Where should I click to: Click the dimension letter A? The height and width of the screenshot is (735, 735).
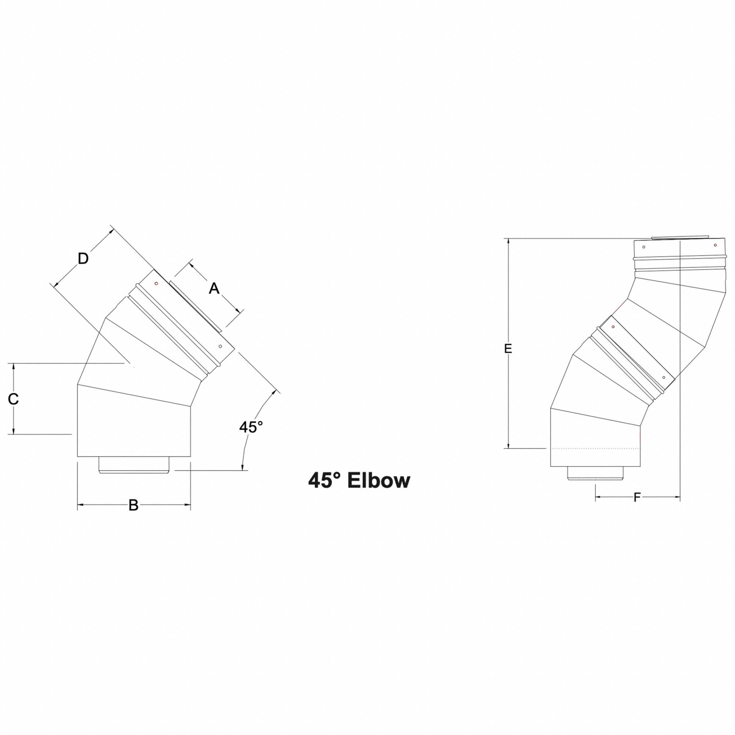pyautogui.click(x=214, y=289)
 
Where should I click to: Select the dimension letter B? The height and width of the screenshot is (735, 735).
pyautogui.click(x=133, y=506)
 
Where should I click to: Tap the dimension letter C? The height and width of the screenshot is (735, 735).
pyautogui.click(x=13, y=399)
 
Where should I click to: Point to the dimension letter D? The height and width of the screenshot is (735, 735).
pyautogui.click(x=83, y=259)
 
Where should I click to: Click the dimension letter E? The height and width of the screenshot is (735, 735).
pyautogui.click(x=508, y=348)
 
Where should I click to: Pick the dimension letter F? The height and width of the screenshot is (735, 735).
pyautogui.click(x=637, y=497)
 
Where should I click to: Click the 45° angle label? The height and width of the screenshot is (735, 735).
pyautogui.click(x=251, y=427)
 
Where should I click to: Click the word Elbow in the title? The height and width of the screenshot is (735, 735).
pyautogui.click(x=379, y=481)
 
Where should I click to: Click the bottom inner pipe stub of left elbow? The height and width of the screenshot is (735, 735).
pyautogui.click(x=134, y=465)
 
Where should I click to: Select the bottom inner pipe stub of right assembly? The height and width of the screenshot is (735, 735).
pyautogui.click(x=595, y=473)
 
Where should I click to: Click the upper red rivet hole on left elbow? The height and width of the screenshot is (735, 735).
pyautogui.click(x=156, y=283)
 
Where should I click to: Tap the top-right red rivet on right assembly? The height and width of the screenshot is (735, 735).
pyautogui.click(x=715, y=245)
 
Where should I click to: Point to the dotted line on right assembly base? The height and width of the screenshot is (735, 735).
pyautogui.click(x=595, y=449)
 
